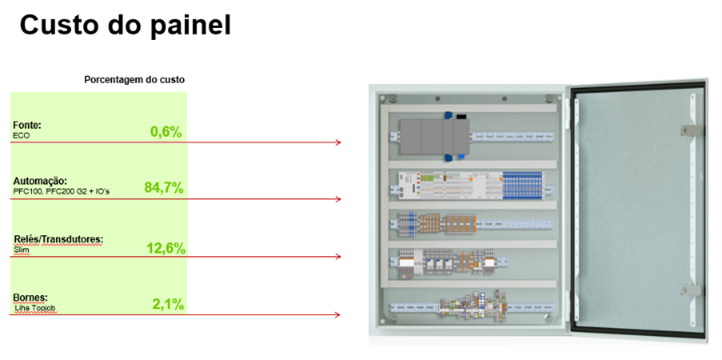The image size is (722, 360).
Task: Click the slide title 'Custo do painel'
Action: (x=125, y=26)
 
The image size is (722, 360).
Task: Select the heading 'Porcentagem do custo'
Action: (x=134, y=80)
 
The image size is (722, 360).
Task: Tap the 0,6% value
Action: (x=166, y=132)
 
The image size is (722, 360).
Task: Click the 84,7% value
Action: (x=164, y=188)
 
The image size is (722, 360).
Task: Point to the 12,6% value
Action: (x=166, y=249)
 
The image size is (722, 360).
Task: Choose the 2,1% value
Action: (x=169, y=304)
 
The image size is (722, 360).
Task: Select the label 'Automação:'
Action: (x=37, y=181)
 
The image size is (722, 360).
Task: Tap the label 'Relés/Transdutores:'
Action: (x=58, y=240)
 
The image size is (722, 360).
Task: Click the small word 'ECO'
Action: (x=21, y=136)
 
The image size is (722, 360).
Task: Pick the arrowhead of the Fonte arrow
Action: (x=338, y=142)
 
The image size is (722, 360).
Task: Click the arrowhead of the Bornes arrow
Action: (x=338, y=315)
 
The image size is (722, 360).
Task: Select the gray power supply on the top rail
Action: (x=434, y=136)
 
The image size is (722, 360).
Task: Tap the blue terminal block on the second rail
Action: (x=523, y=186)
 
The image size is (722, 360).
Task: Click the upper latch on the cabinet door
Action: (x=690, y=130)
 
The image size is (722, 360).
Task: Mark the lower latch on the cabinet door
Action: (x=691, y=290)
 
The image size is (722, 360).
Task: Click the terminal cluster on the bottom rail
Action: (x=471, y=304)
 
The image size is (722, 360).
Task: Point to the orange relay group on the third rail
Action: (x=446, y=224)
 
